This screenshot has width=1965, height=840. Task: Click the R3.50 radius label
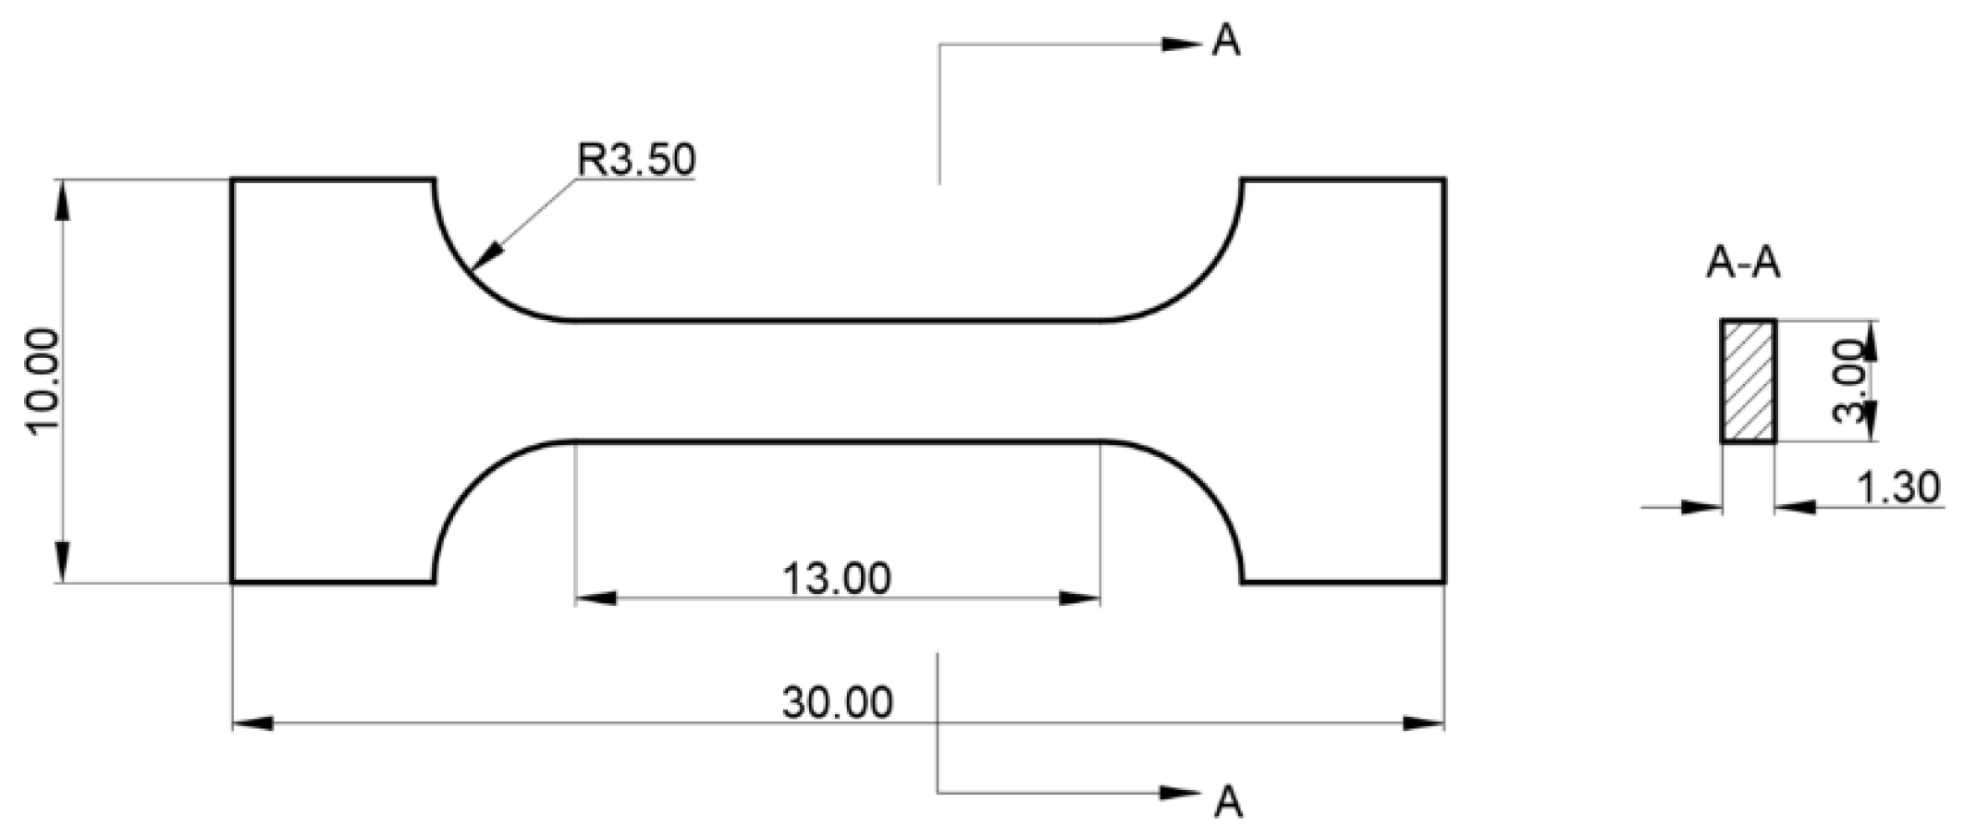click(636, 159)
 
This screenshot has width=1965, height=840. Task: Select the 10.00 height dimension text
click(45, 380)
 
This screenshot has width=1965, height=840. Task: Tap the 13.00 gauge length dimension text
click(837, 579)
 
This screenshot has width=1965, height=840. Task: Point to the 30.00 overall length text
click(838, 703)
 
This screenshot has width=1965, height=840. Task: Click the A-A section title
click(1743, 265)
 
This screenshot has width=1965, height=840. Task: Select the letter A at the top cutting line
click(1226, 41)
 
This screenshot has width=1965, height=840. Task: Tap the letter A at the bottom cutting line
click(1228, 801)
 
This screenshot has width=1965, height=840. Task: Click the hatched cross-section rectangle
click(1748, 381)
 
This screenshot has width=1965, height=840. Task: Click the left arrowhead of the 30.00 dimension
click(252, 723)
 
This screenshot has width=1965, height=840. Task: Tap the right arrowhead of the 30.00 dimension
click(1424, 723)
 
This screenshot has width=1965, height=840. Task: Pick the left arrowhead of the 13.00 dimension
click(596, 599)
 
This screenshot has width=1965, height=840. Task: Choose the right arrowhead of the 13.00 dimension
click(1080, 599)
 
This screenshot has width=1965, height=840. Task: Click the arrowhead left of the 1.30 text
click(1794, 507)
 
